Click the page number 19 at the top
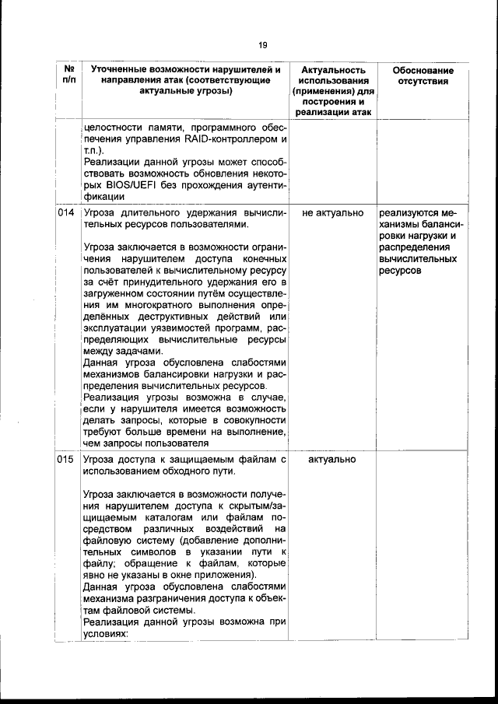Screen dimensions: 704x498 263,44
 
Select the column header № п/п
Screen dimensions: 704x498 68,76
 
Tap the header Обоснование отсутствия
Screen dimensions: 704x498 423,76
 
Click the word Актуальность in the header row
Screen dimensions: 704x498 332,70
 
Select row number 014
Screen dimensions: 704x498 67,212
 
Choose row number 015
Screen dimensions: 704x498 67,460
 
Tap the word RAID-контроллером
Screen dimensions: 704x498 223,139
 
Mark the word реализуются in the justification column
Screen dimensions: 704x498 406,212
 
